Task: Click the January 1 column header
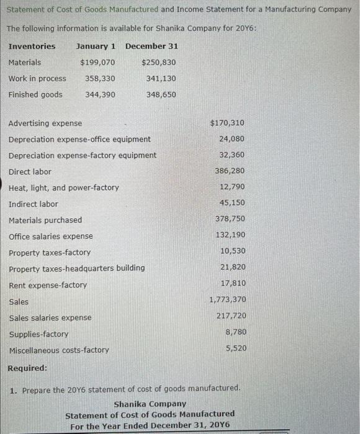click(96, 46)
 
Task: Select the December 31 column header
click(151, 46)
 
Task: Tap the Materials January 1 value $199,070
click(97, 63)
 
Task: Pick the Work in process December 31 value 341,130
click(161, 79)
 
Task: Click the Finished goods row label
click(35, 95)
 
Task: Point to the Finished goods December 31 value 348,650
click(161, 95)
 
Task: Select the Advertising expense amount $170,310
click(227, 123)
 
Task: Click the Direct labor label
click(30, 172)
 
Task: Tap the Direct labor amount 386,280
click(230, 170)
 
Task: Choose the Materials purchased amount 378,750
click(230, 219)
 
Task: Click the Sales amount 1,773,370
click(227, 300)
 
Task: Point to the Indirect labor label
click(34, 204)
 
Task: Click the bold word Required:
click(27, 368)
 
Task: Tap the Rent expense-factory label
click(48, 285)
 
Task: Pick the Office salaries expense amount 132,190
click(230, 235)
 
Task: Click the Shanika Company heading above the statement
click(150, 404)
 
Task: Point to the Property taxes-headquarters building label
click(77, 268)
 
